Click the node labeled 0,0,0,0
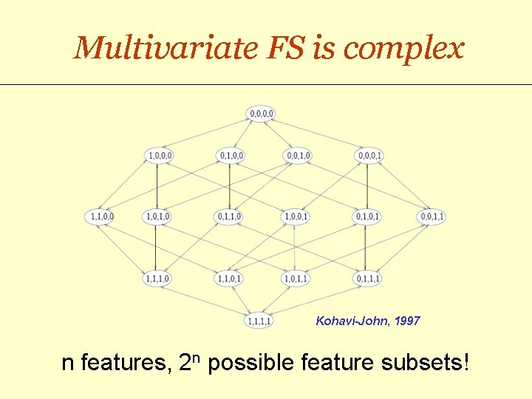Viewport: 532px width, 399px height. pos(262,113)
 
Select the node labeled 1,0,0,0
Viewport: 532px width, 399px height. pos(160,155)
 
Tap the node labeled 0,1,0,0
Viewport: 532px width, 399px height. pos(230,155)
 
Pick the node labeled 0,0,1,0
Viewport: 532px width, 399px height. pos(297,155)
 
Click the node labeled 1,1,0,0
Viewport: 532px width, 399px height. pos(100,216)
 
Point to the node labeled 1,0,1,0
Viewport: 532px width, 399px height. pos(158,216)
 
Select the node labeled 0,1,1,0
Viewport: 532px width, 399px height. pos(228,216)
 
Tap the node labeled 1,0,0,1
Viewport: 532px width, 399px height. pos(296,216)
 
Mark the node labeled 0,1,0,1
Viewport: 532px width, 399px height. pos(367,216)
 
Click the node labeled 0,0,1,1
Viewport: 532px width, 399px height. pos(432,216)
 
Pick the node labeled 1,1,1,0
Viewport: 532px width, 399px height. pos(158,279)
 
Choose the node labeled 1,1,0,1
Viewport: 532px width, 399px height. pos(229,279)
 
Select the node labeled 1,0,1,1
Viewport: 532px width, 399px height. pos(296,279)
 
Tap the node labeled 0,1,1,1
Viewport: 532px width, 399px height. pos(367,279)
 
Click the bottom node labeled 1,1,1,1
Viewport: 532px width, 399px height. pos(259,321)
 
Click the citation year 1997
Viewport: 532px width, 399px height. pos(406,321)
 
